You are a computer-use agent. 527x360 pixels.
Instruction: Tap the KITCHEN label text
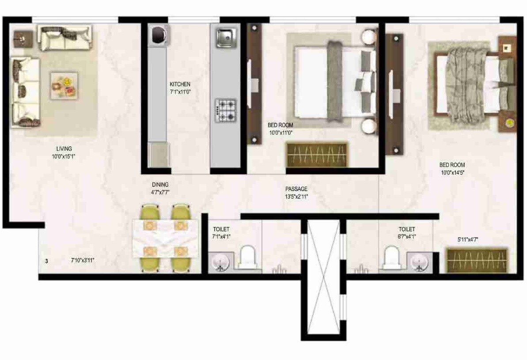[x=180, y=84]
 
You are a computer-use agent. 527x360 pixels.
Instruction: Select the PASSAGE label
[x=296, y=189]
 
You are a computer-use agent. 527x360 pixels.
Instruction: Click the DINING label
[x=160, y=185]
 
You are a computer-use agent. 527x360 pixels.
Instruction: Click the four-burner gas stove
[x=225, y=111]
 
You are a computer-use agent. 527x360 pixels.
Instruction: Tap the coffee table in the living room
[x=64, y=85]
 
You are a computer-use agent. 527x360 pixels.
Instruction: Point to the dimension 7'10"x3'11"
[x=83, y=260]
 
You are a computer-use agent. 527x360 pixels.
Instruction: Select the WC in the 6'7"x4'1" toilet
[x=392, y=258]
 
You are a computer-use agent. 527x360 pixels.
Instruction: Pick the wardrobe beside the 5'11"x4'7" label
[x=476, y=261]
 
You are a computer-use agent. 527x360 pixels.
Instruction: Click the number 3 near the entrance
[x=46, y=261]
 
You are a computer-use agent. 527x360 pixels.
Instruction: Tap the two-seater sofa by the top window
[x=64, y=38]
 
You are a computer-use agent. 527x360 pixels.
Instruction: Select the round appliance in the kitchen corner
[x=158, y=35]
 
